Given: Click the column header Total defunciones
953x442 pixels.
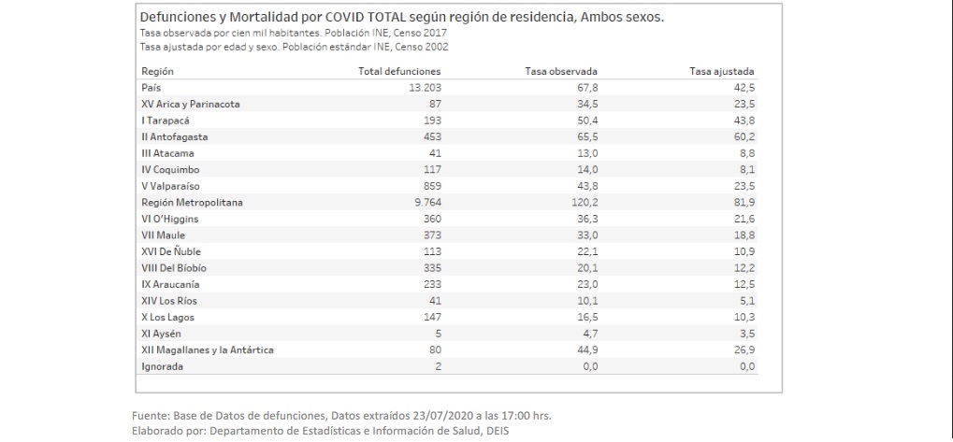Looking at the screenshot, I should [399, 71].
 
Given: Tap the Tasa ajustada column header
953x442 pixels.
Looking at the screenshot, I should [721, 71].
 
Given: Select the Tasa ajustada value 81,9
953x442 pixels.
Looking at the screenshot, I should [744, 201].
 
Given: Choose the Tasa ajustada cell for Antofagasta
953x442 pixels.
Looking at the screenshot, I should [744, 136].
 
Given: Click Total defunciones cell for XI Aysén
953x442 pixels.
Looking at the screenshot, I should [437, 334].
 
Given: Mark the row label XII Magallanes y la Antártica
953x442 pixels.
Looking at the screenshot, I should [207, 350].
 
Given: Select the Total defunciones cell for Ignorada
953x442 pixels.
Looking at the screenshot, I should [437, 366].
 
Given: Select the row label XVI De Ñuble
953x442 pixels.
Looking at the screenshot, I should [170, 251].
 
